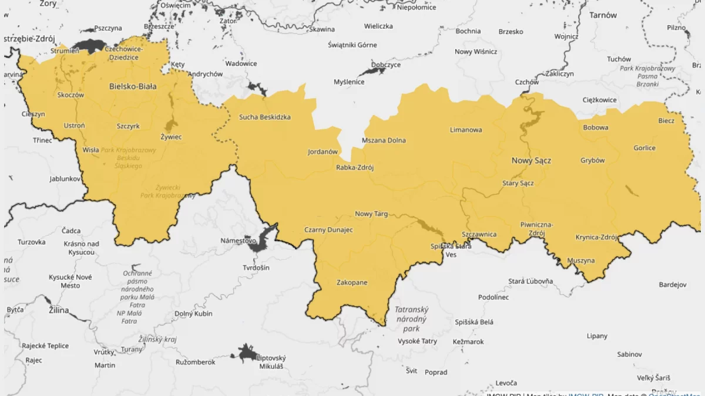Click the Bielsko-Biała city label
[x=133, y=86]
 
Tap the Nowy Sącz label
[x=531, y=160]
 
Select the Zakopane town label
[x=352, y=283]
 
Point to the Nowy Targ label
[x=371, y=214]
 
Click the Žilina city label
[x=59, y=310]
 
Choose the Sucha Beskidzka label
[x=264, y=117]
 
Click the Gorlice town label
[x=644, y=148]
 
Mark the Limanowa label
[x=466, y=130]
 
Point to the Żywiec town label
[x=171, y=137]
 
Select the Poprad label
[x=435, y=373]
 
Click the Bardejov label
[x=672, y=285]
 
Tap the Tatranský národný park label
[x=411, y=319]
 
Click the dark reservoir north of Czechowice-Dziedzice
[x=89, y=45]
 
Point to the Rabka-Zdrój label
[x=355, y=167]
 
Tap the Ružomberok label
[x=195, y=363]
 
